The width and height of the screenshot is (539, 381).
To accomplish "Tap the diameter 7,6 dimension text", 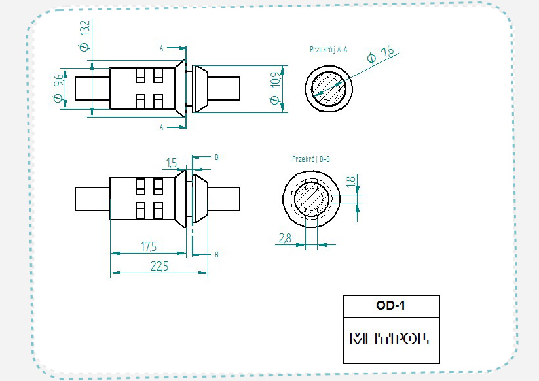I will [x=381, y=55].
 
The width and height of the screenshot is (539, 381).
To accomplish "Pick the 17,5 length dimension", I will [x=149, y=246].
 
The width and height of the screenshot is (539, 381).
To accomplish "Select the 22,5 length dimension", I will [x=158, y=266].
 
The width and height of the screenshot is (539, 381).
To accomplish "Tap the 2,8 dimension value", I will [x=284, y=239].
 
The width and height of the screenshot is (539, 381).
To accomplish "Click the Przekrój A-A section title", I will [x=329, y=50].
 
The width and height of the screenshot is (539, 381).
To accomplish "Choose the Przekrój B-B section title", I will [x=311, y=159].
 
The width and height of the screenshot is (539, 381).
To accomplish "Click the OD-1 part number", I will [x=391, y=305].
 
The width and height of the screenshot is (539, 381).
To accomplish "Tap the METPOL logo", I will [x=390, y=339].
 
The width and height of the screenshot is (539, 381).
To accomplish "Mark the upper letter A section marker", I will [x=162, y=48].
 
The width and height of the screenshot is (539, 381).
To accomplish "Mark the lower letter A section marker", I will [x=162, y=127].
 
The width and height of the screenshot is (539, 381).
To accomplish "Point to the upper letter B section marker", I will [x=217, y=157].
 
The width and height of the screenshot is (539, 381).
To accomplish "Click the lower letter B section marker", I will [x=217, y=254].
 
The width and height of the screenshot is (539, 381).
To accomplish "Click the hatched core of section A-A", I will [x=328, y=88].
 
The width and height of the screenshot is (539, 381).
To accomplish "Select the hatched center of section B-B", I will [x=310, y=198].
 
